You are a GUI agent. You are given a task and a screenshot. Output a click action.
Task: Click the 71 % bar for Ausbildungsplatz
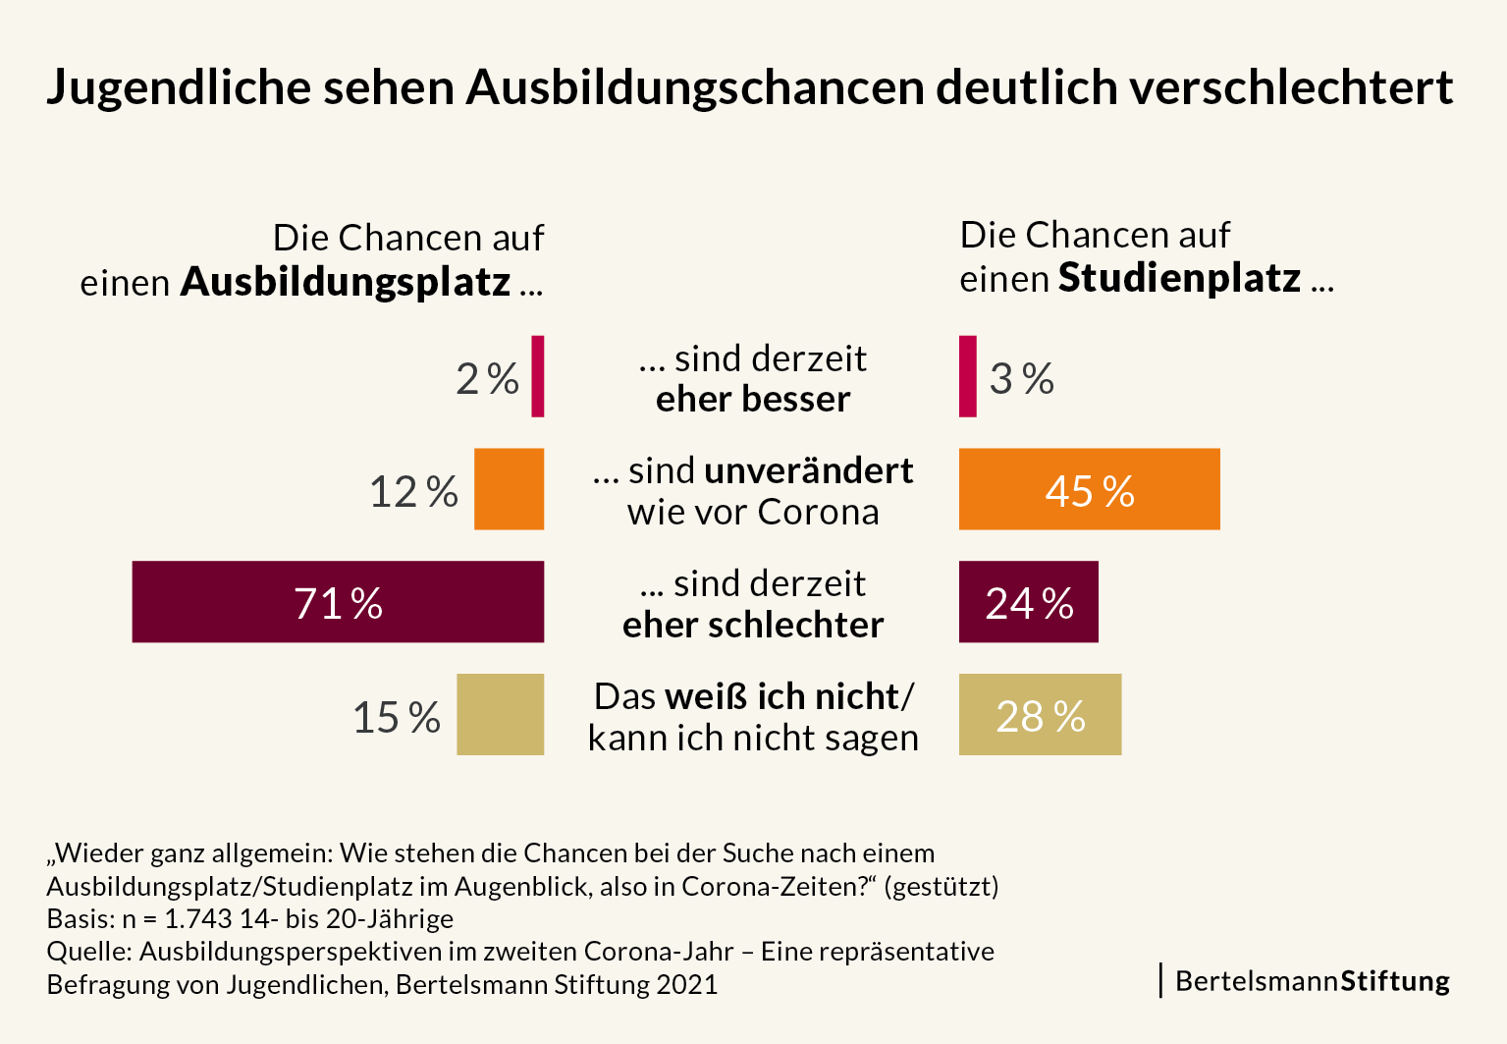(338, 602)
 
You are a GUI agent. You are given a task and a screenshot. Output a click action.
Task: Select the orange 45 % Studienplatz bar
(1089, 489)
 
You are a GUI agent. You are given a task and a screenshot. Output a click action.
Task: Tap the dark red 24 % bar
(1028, 602)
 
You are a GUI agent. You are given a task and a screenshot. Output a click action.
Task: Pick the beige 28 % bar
(1040, 715)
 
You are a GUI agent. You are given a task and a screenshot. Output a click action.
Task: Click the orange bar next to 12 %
(509, 489)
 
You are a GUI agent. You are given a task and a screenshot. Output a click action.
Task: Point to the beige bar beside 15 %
(500, 715)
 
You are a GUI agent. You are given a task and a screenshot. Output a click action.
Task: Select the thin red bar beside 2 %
(537, 376)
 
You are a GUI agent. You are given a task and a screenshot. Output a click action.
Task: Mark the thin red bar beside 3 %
(967, 376)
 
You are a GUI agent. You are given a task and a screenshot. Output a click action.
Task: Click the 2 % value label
(487, 379)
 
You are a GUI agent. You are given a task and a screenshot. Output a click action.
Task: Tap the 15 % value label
(397, 718)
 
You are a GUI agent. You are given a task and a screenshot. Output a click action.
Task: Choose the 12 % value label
(413, 492)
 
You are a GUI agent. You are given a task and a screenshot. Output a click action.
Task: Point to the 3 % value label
(1021, 379)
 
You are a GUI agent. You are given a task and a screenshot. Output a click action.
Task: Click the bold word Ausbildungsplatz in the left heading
(346, 282)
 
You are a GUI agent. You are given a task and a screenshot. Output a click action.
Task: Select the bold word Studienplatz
(1179, 278)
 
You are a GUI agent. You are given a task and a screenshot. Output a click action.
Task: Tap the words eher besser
(753, 400)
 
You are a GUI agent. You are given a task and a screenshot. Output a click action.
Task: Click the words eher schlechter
(753, 626)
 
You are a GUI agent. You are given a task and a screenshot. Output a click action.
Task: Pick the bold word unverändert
(809, 471)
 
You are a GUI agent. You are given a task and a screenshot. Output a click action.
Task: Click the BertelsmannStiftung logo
(1312, 981)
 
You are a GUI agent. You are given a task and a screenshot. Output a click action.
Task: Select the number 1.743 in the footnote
(199, 919)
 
